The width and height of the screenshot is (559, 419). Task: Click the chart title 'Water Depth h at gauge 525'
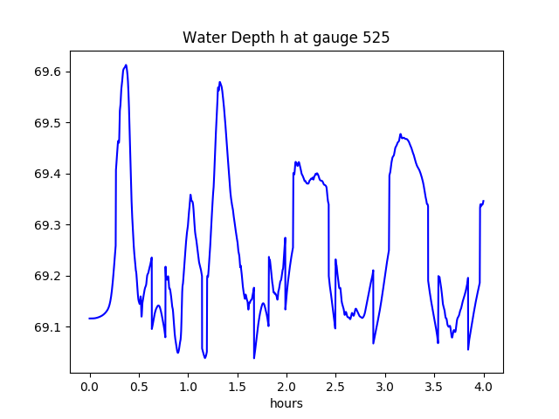tap(286, 38)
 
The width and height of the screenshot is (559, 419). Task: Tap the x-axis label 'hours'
tap(286, 403)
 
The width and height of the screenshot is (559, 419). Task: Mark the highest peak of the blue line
tap(126, 65)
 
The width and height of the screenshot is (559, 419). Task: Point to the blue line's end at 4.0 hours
tap(483, 201)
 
